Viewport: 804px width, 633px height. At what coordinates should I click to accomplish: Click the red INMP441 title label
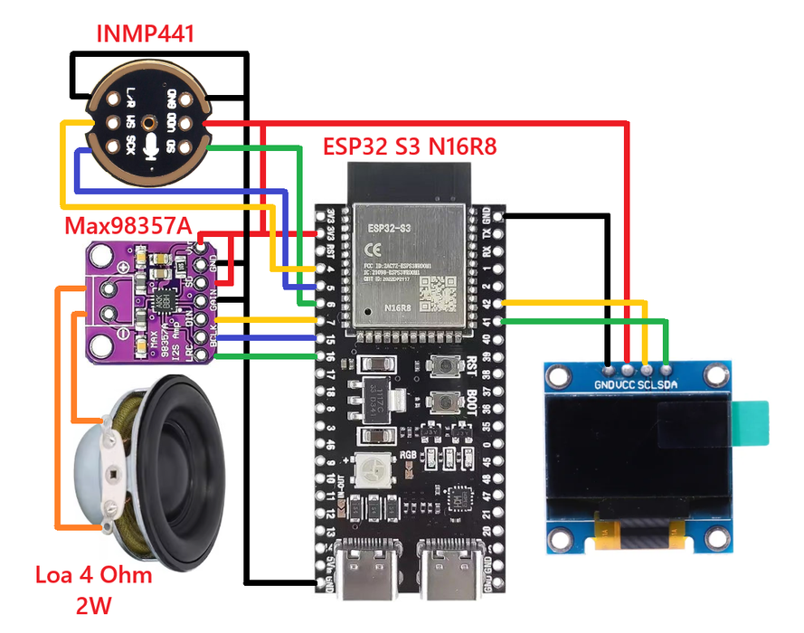146,35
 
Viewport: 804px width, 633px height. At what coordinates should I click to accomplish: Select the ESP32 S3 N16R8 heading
410,146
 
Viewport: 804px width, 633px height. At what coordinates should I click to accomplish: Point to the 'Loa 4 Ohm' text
93,575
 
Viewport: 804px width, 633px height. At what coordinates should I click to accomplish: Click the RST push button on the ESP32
443,365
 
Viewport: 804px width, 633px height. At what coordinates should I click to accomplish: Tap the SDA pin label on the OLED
666,383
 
